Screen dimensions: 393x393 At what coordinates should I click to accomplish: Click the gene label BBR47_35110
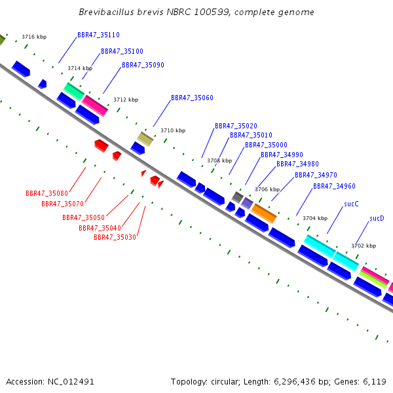click(x=98, y=35)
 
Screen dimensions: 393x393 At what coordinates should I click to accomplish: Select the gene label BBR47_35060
click(x=192, y=98)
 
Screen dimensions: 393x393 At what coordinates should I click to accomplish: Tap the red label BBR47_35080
click(x=47, y=193)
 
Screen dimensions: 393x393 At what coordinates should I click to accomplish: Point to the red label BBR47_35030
click(x=115, y=237)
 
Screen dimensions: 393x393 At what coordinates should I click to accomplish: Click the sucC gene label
click(x=351, y=204)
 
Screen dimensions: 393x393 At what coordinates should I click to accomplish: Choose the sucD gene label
click(x=377, y=218)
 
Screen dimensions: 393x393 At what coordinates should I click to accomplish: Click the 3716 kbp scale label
click(x=34, y=37)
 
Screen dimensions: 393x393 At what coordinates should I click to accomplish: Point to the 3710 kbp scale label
click(x=173, y=130)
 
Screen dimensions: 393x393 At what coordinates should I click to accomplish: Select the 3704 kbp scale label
click(x=315, y=218)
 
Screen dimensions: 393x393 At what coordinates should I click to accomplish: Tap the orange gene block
click(x=264, y=214)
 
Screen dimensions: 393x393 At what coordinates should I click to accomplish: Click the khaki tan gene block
click(x=145, y=139)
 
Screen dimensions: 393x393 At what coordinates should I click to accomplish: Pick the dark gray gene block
click(x=237, y=197)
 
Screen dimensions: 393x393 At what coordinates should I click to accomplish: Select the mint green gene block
click(x=74, y=92)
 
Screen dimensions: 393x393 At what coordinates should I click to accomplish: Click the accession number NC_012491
click(x=71, y=382)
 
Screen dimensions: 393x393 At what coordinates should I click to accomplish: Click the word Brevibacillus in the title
click(x=107, y=12)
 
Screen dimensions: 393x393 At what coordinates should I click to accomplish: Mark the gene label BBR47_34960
click(x=334, y=186)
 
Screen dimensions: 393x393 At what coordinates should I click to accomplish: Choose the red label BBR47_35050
click(x=83, y=217)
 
